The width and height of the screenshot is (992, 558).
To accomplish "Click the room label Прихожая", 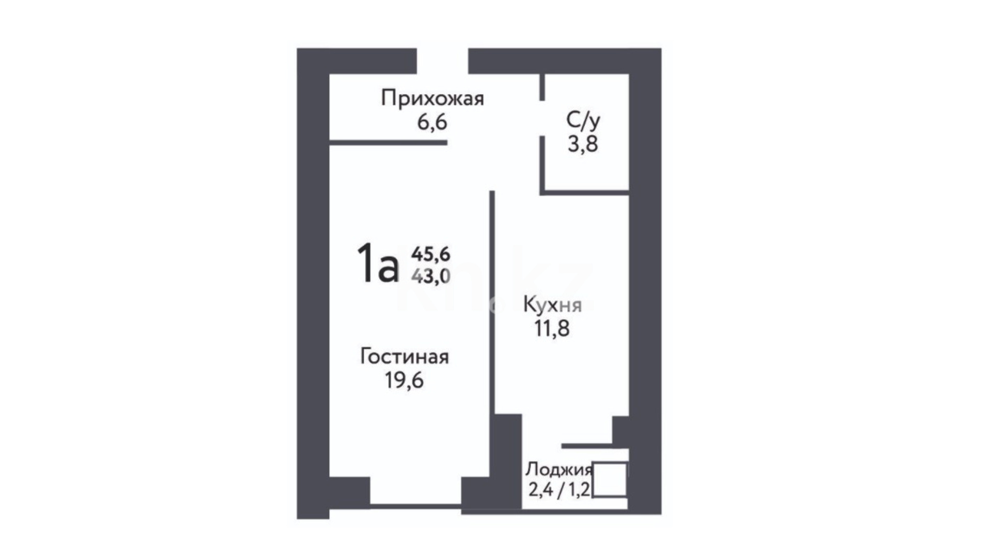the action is coord(432,98).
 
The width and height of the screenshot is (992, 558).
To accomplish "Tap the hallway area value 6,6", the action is coord(432,123).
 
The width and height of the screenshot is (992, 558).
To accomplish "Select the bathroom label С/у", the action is coord(583,120).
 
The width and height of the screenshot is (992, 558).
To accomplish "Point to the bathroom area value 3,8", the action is coord(583,144).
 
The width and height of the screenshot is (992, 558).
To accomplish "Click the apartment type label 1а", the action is coord(378,263).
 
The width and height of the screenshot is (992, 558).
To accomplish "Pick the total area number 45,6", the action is coord(431,254).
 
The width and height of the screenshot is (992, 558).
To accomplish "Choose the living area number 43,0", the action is coord(431,276).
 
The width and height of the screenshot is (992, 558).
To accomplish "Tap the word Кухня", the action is coord(552,305).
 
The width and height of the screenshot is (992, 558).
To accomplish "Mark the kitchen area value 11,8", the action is coord(552,329).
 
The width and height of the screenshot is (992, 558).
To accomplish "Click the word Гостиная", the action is coord(405,357).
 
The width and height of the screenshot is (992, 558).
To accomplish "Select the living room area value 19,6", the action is coord(404,380).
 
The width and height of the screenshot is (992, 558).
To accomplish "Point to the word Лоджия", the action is coord(559,470).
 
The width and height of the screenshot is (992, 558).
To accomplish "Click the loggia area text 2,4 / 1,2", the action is coord(559,489).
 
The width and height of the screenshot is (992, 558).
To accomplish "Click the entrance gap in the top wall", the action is coord(442,61).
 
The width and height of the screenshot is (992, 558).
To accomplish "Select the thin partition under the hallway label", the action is coord(389,143).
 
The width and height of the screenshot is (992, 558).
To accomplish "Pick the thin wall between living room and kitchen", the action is coord(492,302).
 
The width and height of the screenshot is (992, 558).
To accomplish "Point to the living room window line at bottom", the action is coord(415,506).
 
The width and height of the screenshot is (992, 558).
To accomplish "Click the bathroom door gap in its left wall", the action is coord(542,118).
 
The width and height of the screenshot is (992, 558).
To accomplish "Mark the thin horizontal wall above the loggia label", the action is coord(587,446).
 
